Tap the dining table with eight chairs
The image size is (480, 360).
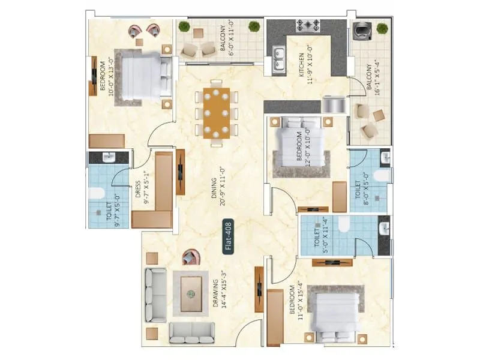[216, 113]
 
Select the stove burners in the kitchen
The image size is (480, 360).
[308, 26]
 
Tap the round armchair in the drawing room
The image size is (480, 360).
[190, 258]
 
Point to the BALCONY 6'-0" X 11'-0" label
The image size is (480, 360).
[226, 38]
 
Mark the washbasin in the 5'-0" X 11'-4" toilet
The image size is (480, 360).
[384, 228]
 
